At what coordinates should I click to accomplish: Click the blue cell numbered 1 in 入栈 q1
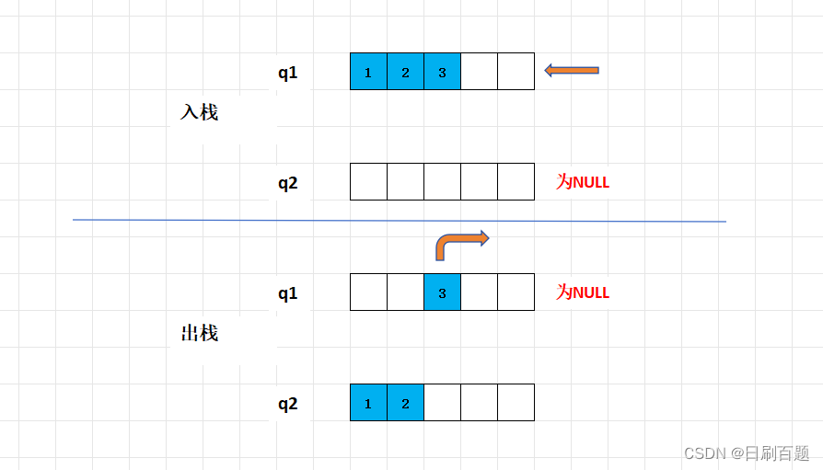coord(368,72)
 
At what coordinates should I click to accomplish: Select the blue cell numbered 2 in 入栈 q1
coord(405,72)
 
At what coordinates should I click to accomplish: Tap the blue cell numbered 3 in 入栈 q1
coord(442,72)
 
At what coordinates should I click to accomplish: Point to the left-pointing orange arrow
coord(572,70)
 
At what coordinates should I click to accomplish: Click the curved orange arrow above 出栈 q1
coord(460,245)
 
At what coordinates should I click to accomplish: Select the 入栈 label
coord(199,112)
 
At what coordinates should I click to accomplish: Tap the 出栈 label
coord(199,333)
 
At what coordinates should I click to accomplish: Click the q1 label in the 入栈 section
coord(288,73)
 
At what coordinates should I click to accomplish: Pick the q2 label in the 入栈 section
coord(288,183)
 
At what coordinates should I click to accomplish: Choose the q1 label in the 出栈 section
coord(288,293)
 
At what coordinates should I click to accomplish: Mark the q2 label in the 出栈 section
coord(288,404)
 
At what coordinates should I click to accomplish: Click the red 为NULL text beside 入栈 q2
coord(583,182)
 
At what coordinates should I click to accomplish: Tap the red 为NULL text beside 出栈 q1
coord(583,292)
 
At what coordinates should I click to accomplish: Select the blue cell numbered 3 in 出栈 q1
coord(442,292)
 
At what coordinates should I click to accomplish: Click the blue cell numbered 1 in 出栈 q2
coord(368,403)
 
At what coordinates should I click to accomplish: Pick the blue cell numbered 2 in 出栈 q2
coord(405,403)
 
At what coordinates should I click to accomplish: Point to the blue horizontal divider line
coord(400,221)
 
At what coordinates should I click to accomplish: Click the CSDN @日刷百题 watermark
coord(747,453)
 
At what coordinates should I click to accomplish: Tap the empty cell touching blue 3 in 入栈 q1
coord(479,72)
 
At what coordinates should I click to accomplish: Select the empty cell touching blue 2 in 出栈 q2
coord(442,403)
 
